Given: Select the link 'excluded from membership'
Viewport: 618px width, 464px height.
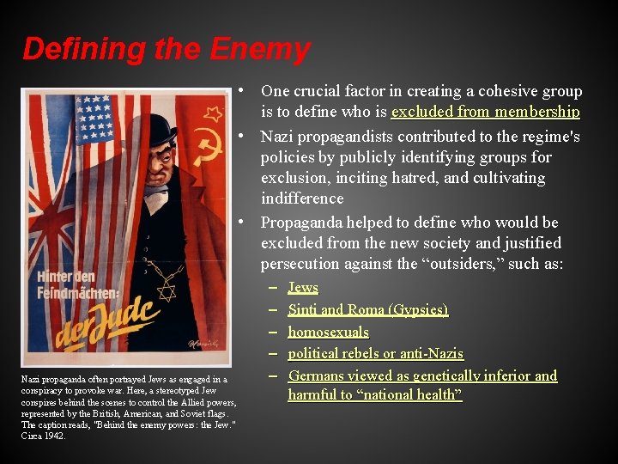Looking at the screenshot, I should tap(485, 112).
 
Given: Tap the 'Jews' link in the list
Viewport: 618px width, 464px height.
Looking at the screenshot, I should tap(303, 287).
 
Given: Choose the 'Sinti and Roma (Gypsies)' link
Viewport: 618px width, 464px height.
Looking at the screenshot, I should tap(367, 309).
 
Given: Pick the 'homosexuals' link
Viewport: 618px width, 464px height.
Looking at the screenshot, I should tap(328, 332).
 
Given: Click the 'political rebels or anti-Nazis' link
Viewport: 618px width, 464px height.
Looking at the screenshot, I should tap(375, 353).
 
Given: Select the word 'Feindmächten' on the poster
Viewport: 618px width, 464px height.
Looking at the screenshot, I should tap(77, 293).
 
